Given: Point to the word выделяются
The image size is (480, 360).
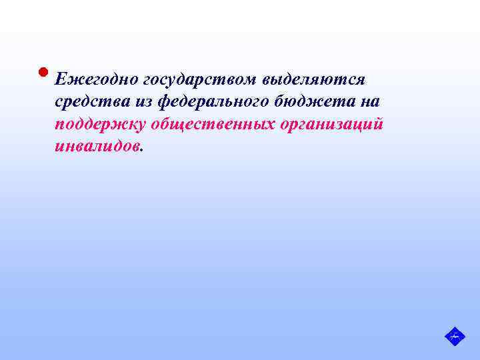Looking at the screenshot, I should (314, 80).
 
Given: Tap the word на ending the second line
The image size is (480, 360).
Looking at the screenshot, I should (369, 102).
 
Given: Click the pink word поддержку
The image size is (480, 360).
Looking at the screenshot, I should (100, 125).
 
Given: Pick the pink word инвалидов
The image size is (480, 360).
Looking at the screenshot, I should (97, 147).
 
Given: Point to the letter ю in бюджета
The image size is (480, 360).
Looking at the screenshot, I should (289, 102).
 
